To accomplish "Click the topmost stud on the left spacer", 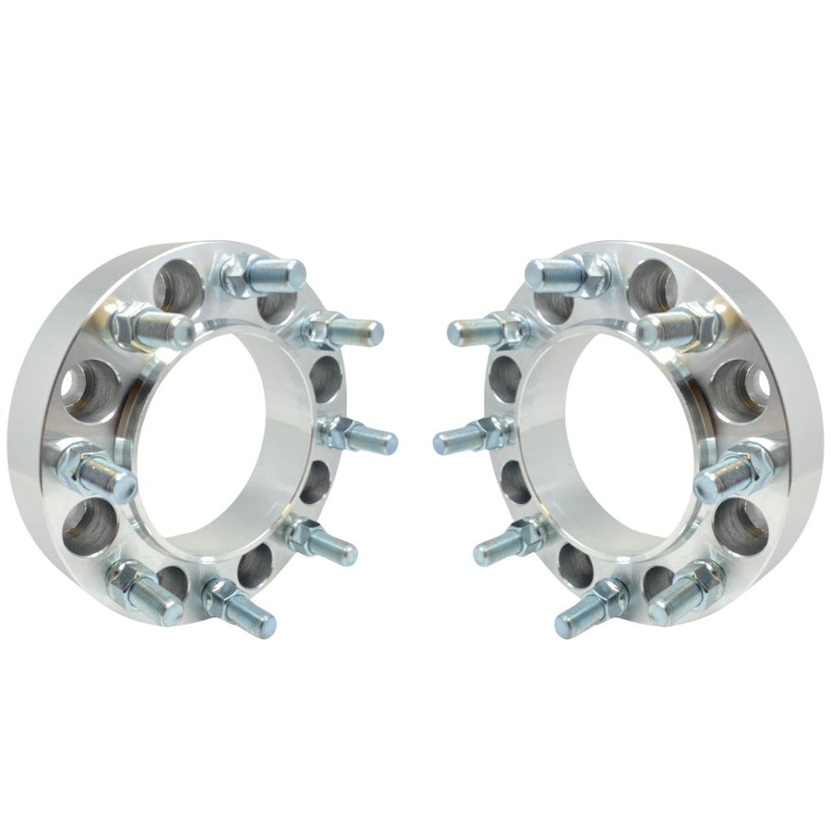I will (x=268, y=274).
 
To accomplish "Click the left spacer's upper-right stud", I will (x=346, y=328).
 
